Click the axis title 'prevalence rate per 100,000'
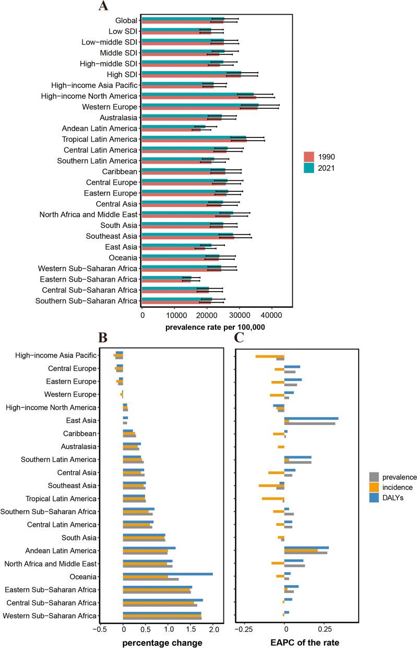coord(215,327)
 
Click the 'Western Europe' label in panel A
coord(110,107)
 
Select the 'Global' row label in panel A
coord(126,20)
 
